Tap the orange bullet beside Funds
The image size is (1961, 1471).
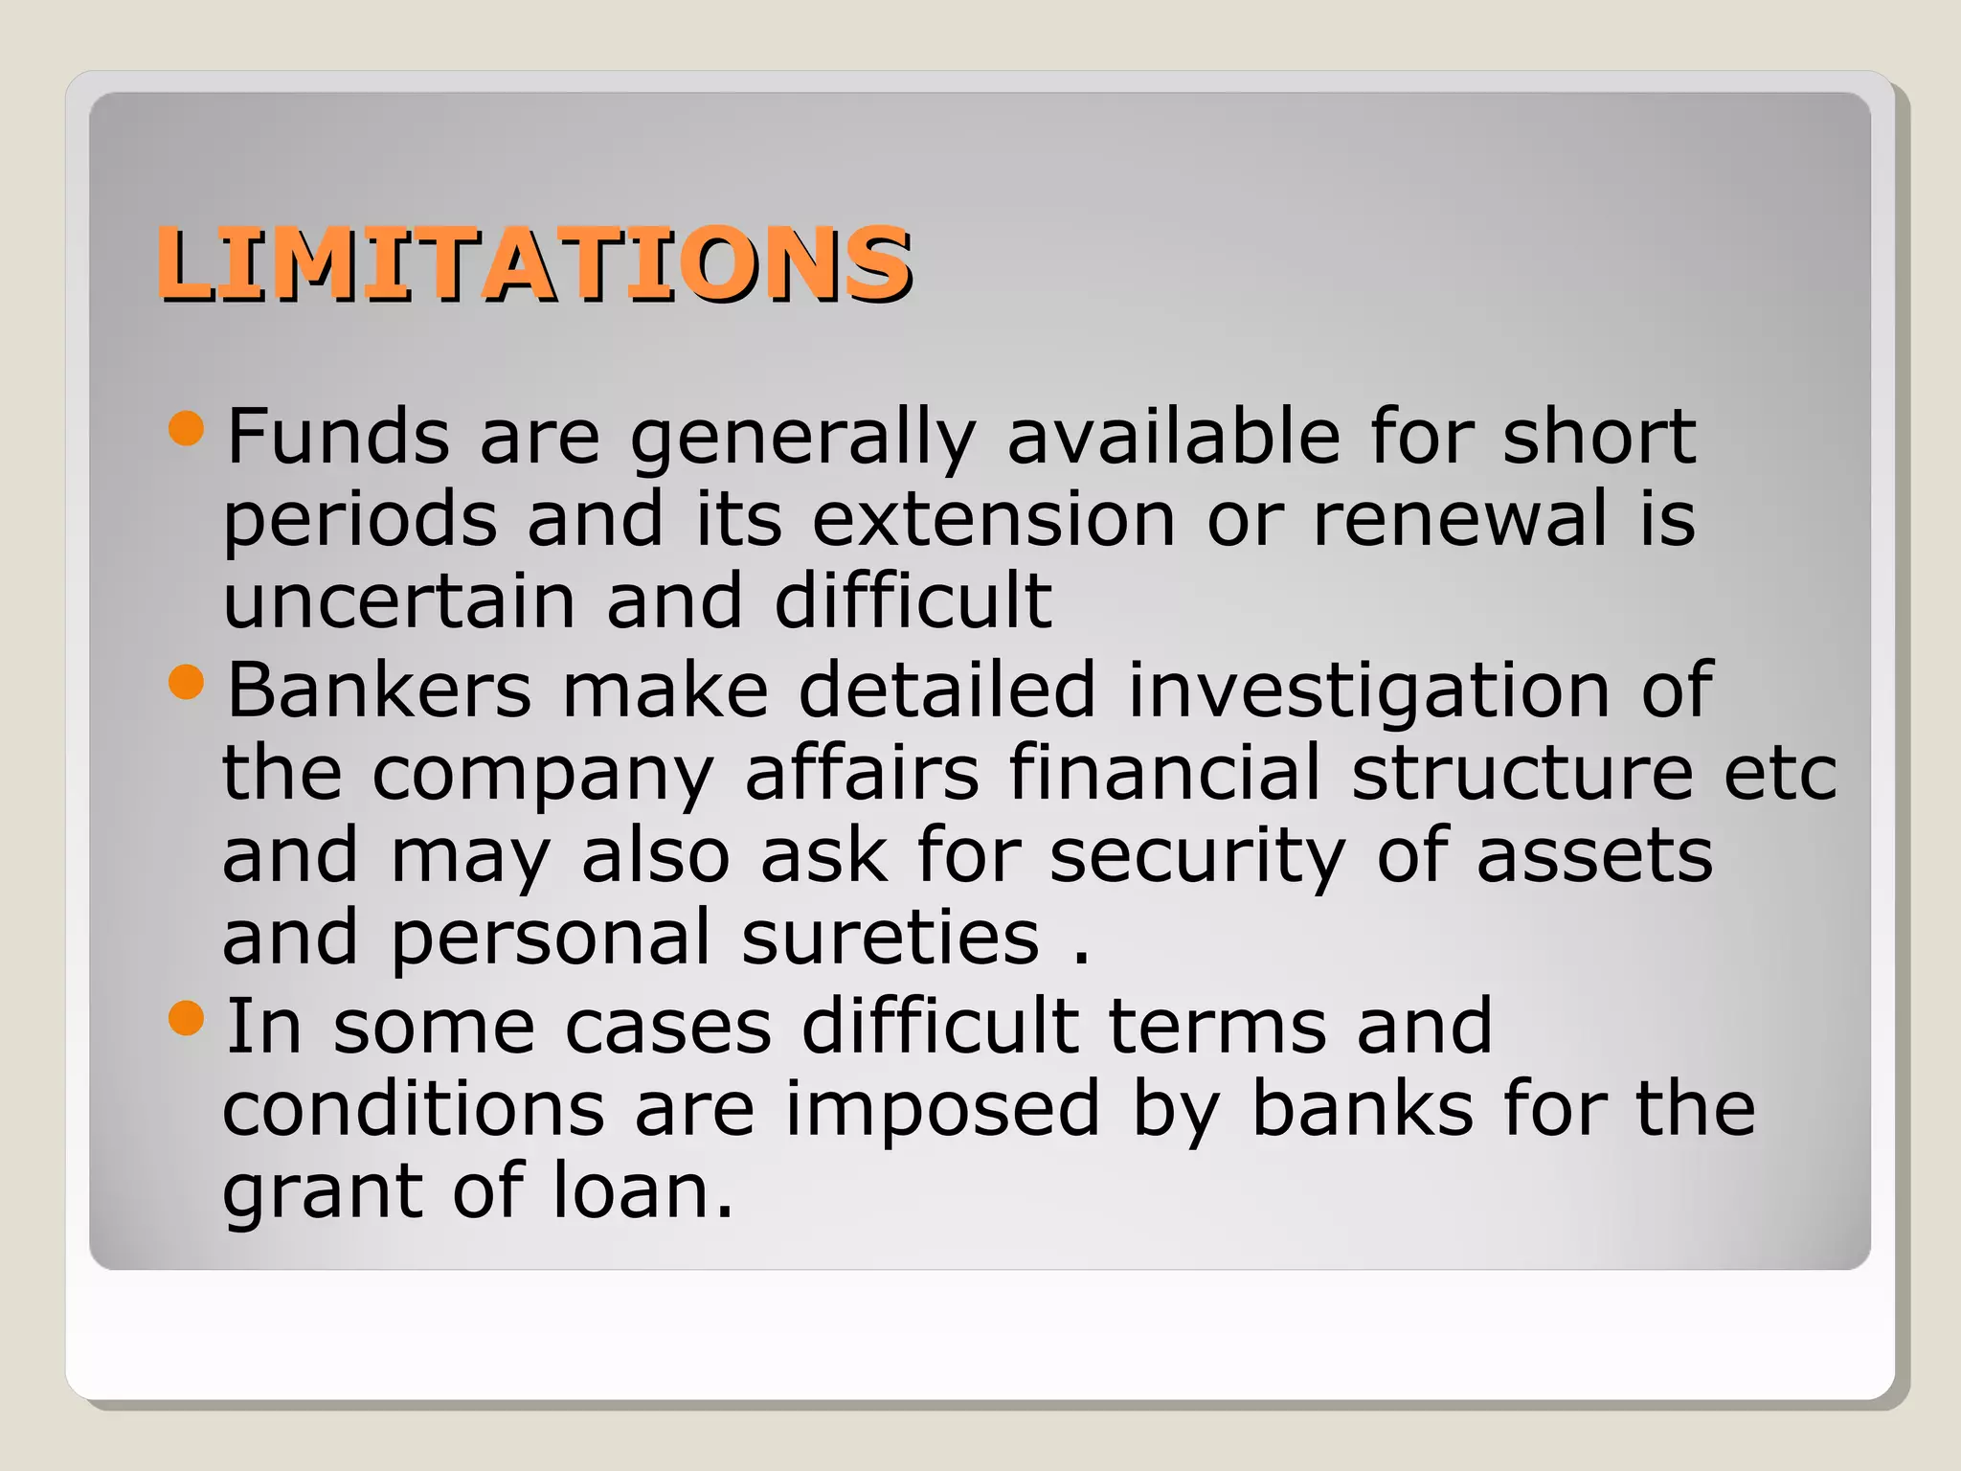pyautogui.click(x=186, y=429)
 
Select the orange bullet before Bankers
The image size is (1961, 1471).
pyautogui.click(x=186, y=683)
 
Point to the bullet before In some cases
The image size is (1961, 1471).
pyautogui.click(x=186, y=1018)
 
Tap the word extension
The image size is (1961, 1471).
pyautogui.click(x=993, y=519)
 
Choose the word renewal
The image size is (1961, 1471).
pyautogui.click(x=1459, y=519)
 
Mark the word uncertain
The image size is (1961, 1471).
pyautogui.click(x=399, y=601)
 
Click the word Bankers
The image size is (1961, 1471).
pyautogui.click(x=378, y=690)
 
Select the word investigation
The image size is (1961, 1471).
pyautogui.click(x=1368, y=691)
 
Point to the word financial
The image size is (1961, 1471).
pyautogui.click(x=1164, y=772)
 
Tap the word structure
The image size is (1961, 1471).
pyautogui.click(x=1521, y=772)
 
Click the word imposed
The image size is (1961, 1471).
pyautogui.click(x=942, y=1110)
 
